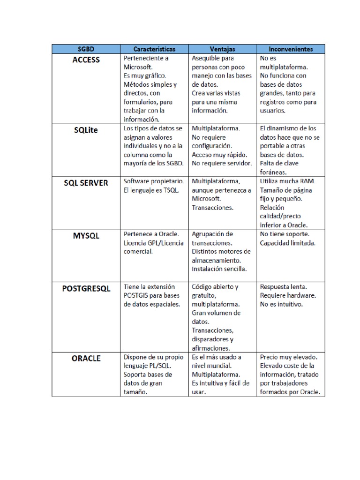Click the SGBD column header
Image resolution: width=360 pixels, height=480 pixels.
coord(86,49)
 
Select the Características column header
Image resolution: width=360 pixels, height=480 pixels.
coord(154,49)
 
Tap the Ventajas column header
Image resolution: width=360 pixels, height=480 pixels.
coord(222,49)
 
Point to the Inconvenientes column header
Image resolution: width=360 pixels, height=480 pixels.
coord(291,49)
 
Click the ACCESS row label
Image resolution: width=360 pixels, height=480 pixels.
coord(86,60)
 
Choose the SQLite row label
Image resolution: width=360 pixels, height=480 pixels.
coord(86,130)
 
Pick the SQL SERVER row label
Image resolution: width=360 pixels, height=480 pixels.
coord(86,183)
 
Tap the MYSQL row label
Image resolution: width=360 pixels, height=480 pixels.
coord(86,236)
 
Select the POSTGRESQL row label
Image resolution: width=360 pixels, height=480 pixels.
coord(86,289)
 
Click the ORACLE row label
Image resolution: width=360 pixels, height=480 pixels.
coord(86,359)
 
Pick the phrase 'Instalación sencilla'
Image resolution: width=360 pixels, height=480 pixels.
coord(219,269)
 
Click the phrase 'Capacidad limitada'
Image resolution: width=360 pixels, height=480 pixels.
coord(288,243)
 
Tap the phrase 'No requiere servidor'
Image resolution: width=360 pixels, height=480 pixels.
coord(222,163)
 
